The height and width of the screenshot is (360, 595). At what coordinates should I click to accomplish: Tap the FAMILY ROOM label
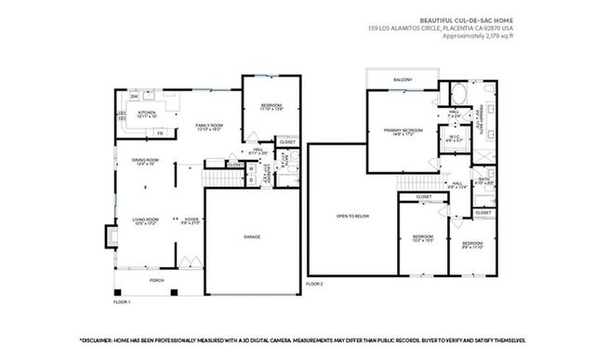pos(207,126)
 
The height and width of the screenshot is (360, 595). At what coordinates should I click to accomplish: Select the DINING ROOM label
pos(144,162)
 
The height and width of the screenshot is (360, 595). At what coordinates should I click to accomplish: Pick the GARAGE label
pos(251,238)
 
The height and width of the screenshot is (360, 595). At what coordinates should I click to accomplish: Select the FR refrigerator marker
pos(160,133)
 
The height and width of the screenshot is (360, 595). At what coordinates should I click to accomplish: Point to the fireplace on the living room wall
pos(111,236)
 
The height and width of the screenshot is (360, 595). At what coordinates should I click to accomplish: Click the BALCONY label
pos(403,80)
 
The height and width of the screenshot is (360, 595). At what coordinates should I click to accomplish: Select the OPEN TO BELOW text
pos(352,216)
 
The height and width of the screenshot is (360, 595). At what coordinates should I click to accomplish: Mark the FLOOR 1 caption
pos(122,301)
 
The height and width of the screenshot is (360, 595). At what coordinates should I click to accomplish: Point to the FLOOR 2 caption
pos(314,284)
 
